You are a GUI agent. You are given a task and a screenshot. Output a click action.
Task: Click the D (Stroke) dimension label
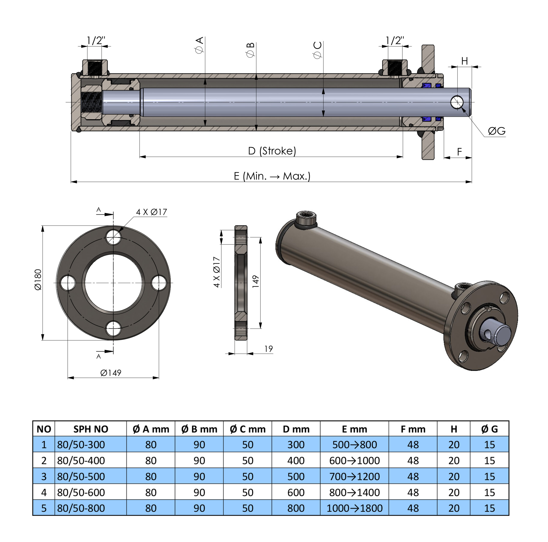coord(272,151)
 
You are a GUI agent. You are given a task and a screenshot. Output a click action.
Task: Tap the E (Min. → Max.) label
coord(272,176)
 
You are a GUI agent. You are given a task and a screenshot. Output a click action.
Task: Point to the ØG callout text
coord(496,131)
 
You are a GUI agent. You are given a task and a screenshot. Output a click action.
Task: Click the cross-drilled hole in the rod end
coord(457,102)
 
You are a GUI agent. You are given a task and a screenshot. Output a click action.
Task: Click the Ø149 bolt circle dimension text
coord(111,373)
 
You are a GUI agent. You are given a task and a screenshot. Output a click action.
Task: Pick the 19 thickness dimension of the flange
coord(268,349)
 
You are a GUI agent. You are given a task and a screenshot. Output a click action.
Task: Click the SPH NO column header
coord(91,429)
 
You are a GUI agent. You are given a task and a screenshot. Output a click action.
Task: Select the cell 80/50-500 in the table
coord(81,476)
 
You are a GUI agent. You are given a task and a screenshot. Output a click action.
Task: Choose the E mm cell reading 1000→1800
coord(354,508)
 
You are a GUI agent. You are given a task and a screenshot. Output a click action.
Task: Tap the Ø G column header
coord(489,429)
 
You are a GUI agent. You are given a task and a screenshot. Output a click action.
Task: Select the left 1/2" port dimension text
coord(96,40)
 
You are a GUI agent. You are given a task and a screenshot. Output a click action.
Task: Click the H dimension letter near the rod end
coord(464,61)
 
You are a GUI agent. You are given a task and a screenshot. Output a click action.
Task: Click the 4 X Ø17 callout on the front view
coord(152,212)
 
